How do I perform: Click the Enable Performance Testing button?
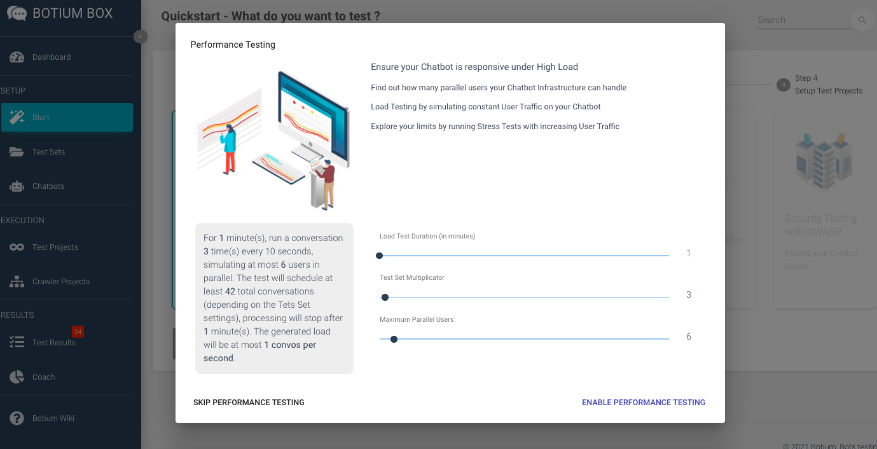(x=643, y=403)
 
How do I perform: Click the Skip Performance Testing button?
(x=249, y=403)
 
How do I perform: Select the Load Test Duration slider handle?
(x=380, y=256)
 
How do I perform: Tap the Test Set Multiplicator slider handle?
(x=385, y=297)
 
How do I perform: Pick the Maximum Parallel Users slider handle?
(x=394, y=339)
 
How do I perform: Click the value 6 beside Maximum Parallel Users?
(x=688, y=336)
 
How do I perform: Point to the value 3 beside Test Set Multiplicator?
(x=688, y=295)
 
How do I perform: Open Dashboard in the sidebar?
(x=52, y=57)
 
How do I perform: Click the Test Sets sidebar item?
(x=48, y=152)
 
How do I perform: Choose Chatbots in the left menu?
(x=48, y=186)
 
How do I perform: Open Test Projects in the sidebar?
(x=55, y=247)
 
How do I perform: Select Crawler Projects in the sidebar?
(x=60, y=282)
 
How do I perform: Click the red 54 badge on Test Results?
(x=78, y=331)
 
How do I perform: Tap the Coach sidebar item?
(x=43, y=377)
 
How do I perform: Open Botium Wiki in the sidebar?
(x=53, y=418)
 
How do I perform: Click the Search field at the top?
(x=803, y=20)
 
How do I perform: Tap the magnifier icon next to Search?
(x=862, y=20)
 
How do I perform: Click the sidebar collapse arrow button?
(x=141, y=37)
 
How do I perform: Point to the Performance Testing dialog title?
(x=233, y=45)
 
